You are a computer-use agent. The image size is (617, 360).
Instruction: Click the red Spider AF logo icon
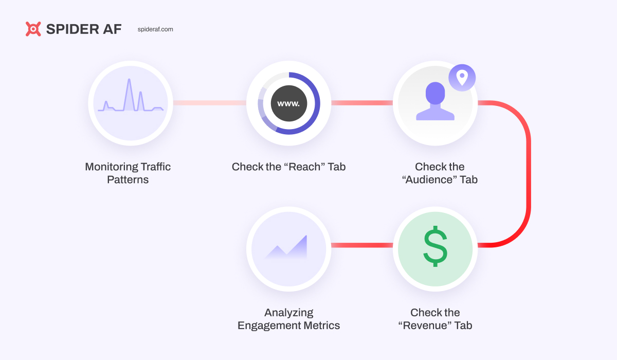pos(33,29)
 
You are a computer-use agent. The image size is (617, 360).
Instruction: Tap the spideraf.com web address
pos(155,29)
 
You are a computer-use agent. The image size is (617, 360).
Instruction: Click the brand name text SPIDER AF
pos(84,29)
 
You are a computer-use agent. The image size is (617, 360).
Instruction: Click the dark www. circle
pos(288,103)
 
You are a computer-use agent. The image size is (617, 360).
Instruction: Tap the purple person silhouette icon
pos(435,102)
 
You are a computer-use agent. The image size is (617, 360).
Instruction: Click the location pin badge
pos(462,78)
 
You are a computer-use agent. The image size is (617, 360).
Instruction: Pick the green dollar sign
pos(435,247)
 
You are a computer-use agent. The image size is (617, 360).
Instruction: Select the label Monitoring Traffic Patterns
pos(128,173)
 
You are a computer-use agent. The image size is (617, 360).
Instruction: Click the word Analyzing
pos(288,313)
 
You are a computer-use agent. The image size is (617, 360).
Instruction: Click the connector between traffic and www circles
pos(209,103)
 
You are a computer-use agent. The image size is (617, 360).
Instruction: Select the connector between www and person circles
pos(361,103)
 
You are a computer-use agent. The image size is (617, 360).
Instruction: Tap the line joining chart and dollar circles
pos(361,245)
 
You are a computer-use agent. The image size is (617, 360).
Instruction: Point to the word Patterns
pos(128,180)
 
